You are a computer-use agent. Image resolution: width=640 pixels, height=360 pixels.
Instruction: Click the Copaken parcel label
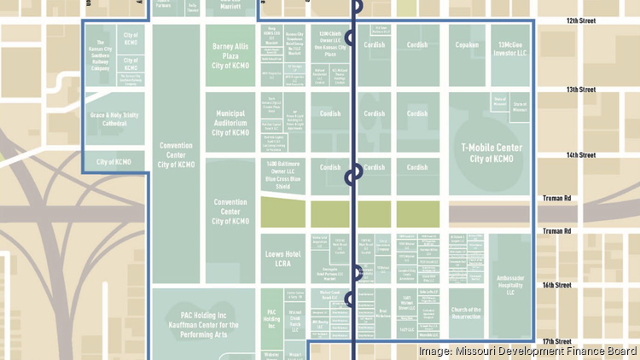[x=467, y=44]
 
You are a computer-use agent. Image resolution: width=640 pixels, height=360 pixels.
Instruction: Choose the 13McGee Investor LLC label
[x=515, y=49]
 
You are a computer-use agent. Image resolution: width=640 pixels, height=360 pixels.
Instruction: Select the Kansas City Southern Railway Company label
[x=99, y=51]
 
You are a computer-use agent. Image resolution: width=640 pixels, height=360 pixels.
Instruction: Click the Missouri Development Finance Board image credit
[x=527, y=351]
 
